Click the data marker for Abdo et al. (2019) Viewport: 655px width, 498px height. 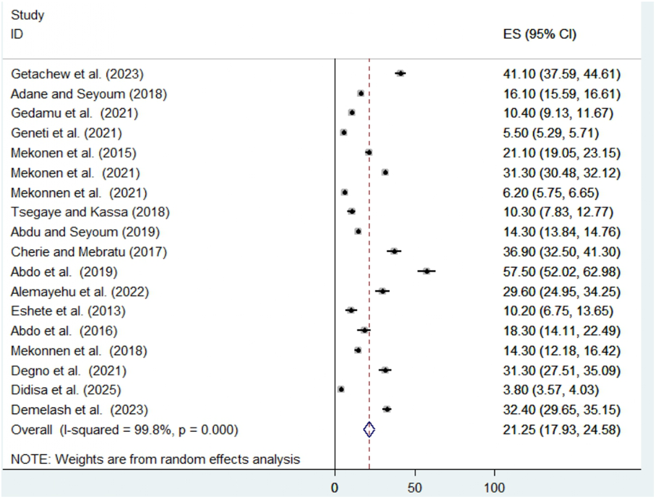tap(427, 271)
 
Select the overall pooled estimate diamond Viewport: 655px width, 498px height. tap(369, 429)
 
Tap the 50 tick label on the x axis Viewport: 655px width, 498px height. tap(415, 488)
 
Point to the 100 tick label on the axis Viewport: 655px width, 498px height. tap(494, 488)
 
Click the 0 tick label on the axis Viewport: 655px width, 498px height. tap(335, 488)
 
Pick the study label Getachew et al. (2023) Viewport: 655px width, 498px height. tap(77, 74)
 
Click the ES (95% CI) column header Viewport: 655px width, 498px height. tap(539, 34)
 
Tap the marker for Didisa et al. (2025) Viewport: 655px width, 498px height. tap(341, 389)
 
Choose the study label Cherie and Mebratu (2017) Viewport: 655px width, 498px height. tap(89, 252)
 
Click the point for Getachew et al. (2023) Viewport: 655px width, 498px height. tap(400, 74)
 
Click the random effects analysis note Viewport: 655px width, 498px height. tap(155, 459)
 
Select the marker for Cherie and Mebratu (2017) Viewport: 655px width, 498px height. tap(394, 251)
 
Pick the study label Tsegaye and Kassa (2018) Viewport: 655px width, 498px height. tap(90, 212)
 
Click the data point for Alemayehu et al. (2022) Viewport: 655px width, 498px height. tap(382, 291)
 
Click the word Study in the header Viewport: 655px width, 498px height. tap(27, 15)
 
